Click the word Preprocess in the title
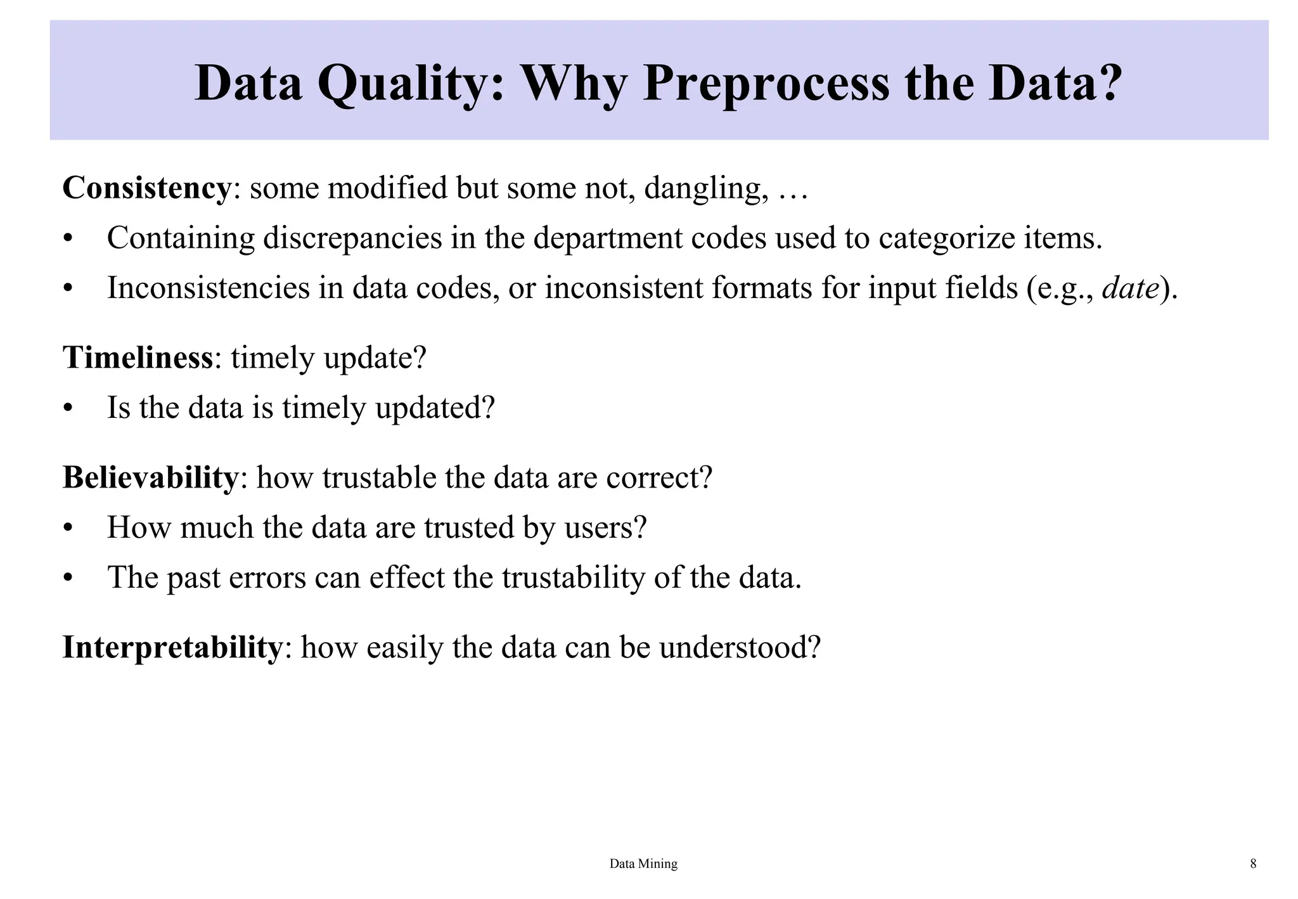coord(766,84)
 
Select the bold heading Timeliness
coord(138,358)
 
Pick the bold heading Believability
coord(150,477)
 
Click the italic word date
coord(1131,288)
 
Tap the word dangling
coord(702,188)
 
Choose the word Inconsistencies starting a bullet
coord(208,288)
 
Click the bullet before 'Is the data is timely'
coord(68,409)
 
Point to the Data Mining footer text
coord(643,863)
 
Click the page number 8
coord(1253,863)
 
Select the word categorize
coord(941,238)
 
